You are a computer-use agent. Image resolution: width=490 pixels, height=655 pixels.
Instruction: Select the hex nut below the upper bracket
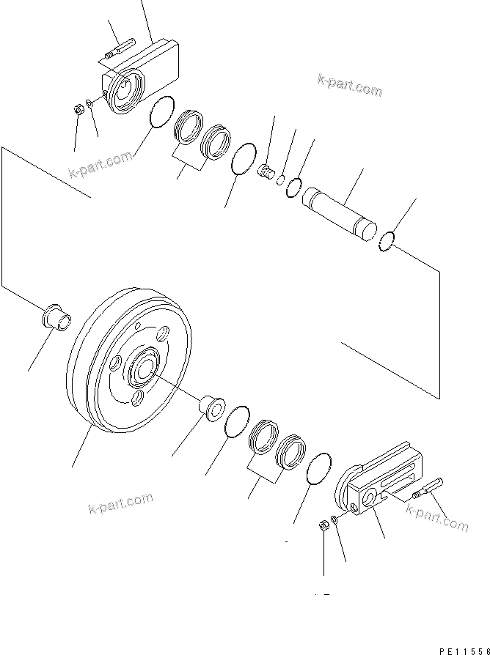click(78, 111)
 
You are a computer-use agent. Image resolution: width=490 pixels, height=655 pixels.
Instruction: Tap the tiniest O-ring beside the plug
click(282, 180)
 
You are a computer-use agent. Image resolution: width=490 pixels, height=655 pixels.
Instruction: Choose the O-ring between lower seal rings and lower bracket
click(319, 469)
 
